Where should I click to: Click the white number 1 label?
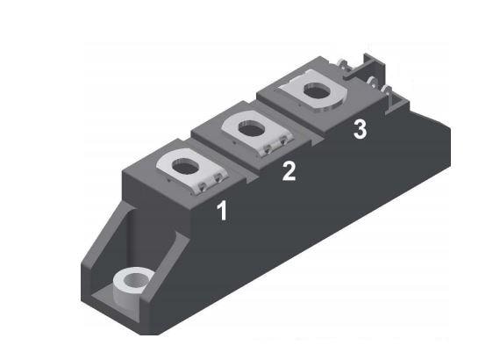(x=222, y=211)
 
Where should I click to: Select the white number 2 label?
(x=289, y=171)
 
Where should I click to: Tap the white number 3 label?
(x=359, y=130)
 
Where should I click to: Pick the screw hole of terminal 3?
(x=317, y=90)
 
